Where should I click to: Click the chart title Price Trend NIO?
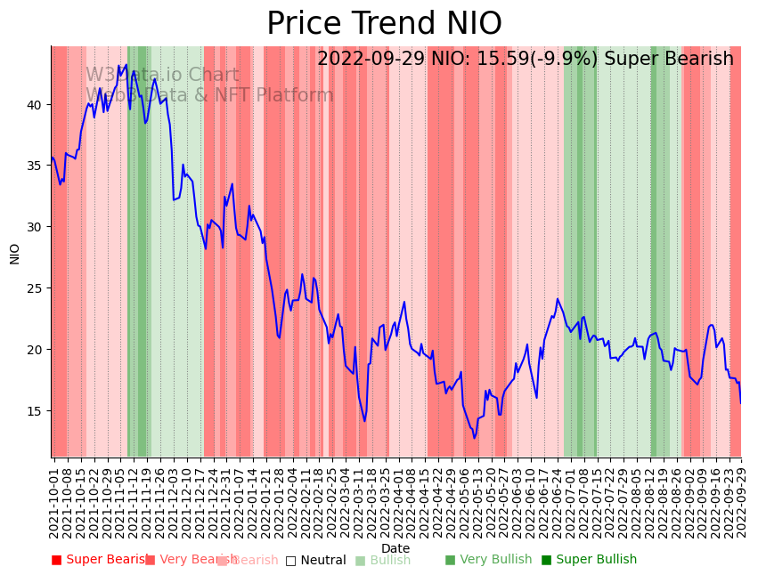click(x=384, y=24)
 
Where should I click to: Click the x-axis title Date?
click(x=395, y=548)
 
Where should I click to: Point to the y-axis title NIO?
click(x=15, y=253)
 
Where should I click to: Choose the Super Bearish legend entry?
click(x=100, y=560)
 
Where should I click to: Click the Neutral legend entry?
click(x=315, y=560)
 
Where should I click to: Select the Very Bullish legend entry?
click(x=488, y=560)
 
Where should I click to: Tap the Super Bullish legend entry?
click(x=589, y=560)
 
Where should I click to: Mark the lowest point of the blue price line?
click(x=475, y=438)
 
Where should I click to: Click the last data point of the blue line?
click(x=740, y=403)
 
